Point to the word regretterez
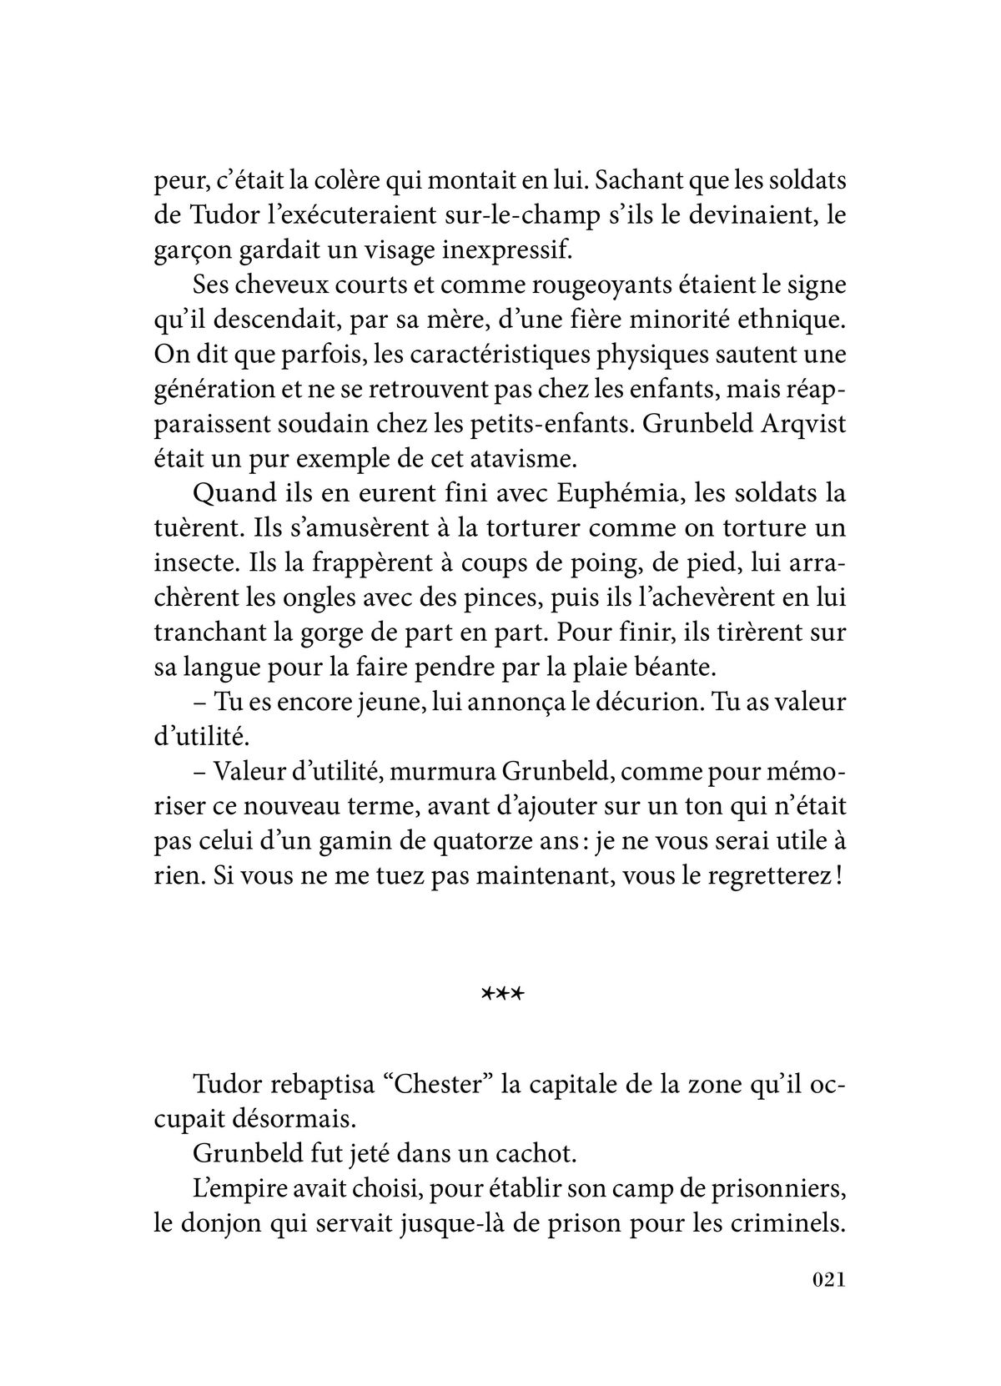click(x=766, y=876)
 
